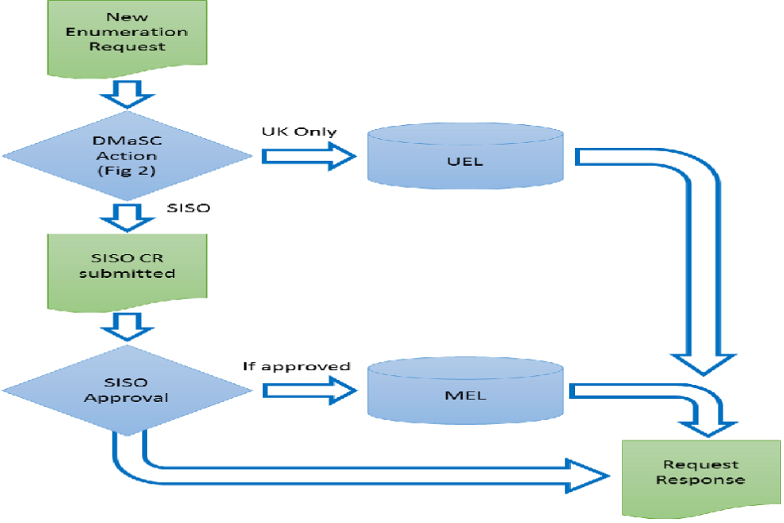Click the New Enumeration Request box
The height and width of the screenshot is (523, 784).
(127, 37)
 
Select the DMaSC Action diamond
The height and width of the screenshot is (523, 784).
(127, 154)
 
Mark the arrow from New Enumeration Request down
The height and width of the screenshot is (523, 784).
(127, 95)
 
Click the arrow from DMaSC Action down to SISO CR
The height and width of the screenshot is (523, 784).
(127, 216)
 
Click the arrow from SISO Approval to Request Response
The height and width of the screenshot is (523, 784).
(367, 474)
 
